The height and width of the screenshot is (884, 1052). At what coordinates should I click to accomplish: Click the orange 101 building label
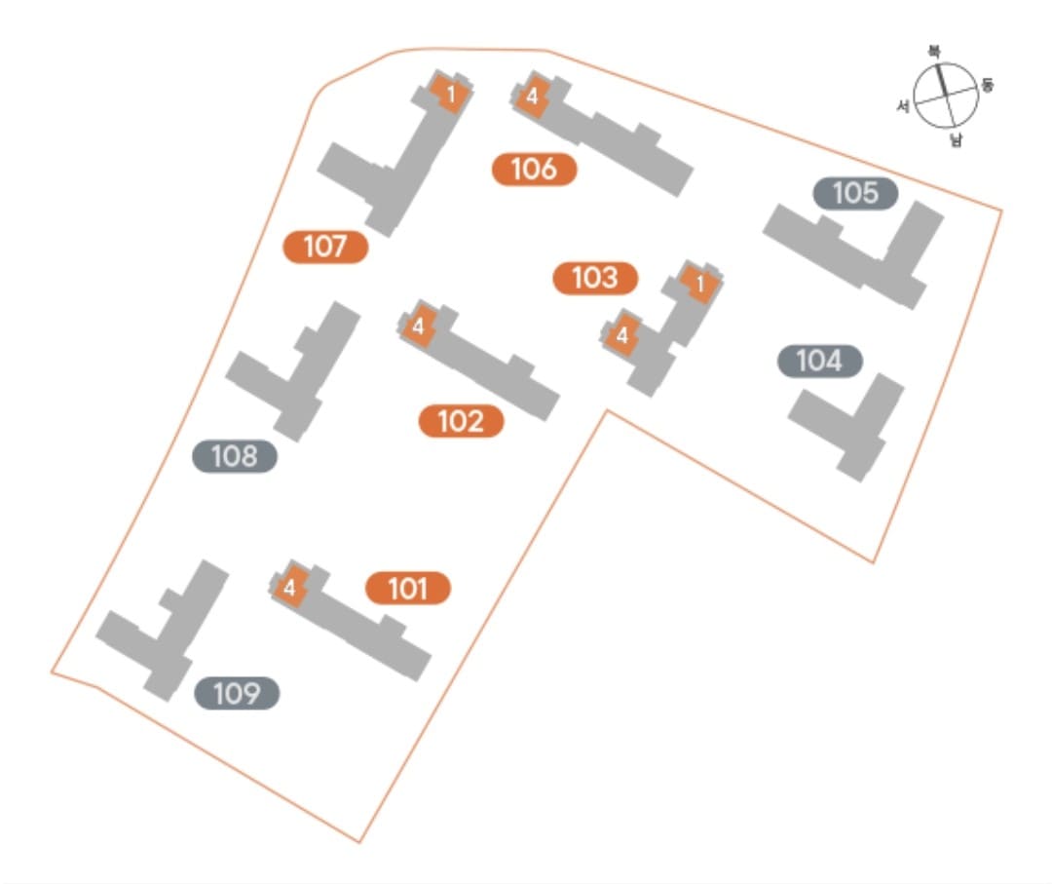point(408,589)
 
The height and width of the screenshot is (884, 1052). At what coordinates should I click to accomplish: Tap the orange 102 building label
point(461,421)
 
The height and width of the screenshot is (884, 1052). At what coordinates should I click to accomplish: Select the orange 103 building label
point(595,278)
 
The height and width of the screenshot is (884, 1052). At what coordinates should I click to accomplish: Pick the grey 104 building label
point(819,362)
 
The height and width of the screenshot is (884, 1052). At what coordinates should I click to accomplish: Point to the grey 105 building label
point(855,193)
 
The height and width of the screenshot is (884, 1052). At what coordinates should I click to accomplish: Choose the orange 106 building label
point(534,170)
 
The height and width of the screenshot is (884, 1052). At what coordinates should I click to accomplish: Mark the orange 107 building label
point(325,247)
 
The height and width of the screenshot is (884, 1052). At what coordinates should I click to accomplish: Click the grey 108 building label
point(235,456)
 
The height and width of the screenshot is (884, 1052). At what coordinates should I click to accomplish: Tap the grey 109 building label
point(237,694)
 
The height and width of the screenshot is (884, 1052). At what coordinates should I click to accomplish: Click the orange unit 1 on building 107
point(451,95)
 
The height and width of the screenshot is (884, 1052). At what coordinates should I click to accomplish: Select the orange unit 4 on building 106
point(532,96)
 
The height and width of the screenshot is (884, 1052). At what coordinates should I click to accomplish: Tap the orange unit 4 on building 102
point(418,327)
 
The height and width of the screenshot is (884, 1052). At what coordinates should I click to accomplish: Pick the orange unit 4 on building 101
point(290,588)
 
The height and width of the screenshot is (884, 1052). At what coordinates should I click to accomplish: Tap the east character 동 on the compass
point(988,85)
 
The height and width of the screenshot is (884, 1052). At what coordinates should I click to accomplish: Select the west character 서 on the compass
point(903,106)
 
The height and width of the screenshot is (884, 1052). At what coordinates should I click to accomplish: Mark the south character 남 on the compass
point(956,141)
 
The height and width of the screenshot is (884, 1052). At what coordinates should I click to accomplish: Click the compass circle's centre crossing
point(945,96)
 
